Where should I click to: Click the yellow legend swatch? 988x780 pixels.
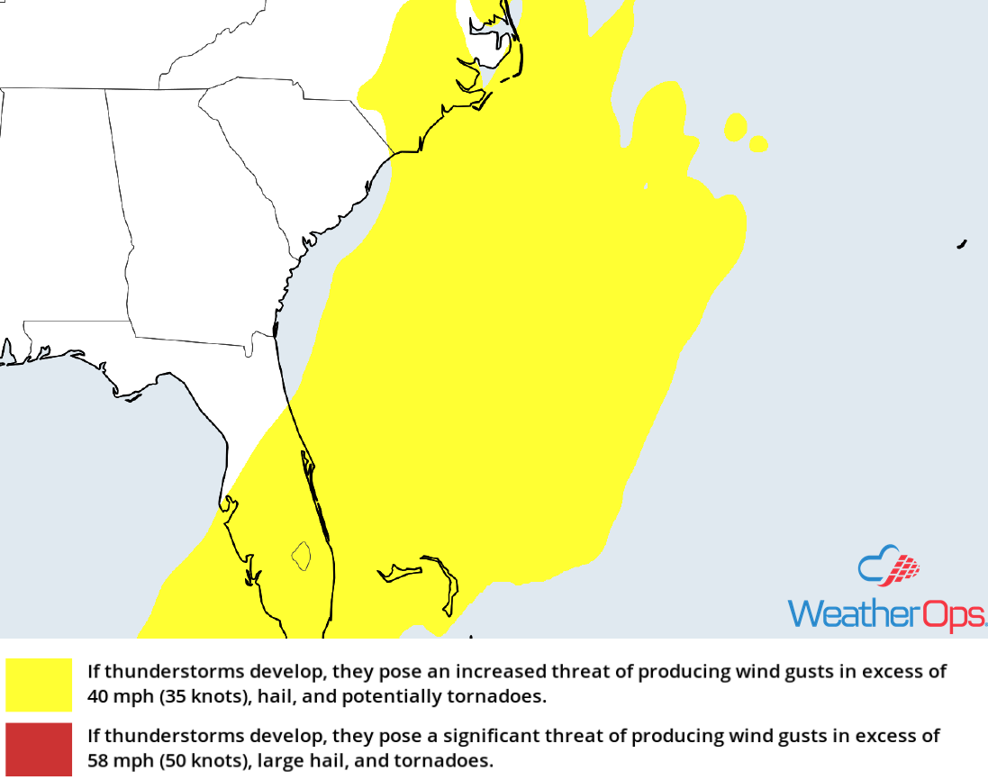(38, 685)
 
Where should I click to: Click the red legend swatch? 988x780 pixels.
(38, 749)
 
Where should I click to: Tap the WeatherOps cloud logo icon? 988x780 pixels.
(889, 567)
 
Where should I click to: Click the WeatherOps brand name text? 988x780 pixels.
(887, 614)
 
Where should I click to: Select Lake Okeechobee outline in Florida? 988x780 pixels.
(301, 555)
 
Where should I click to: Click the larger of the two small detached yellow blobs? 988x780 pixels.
(736, 127)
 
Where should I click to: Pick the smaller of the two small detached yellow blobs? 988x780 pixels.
(758, 144)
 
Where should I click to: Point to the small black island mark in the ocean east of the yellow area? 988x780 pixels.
(962, 243)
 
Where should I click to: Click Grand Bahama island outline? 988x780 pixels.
(399, 571)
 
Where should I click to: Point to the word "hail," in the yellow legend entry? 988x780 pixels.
(267, 696)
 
